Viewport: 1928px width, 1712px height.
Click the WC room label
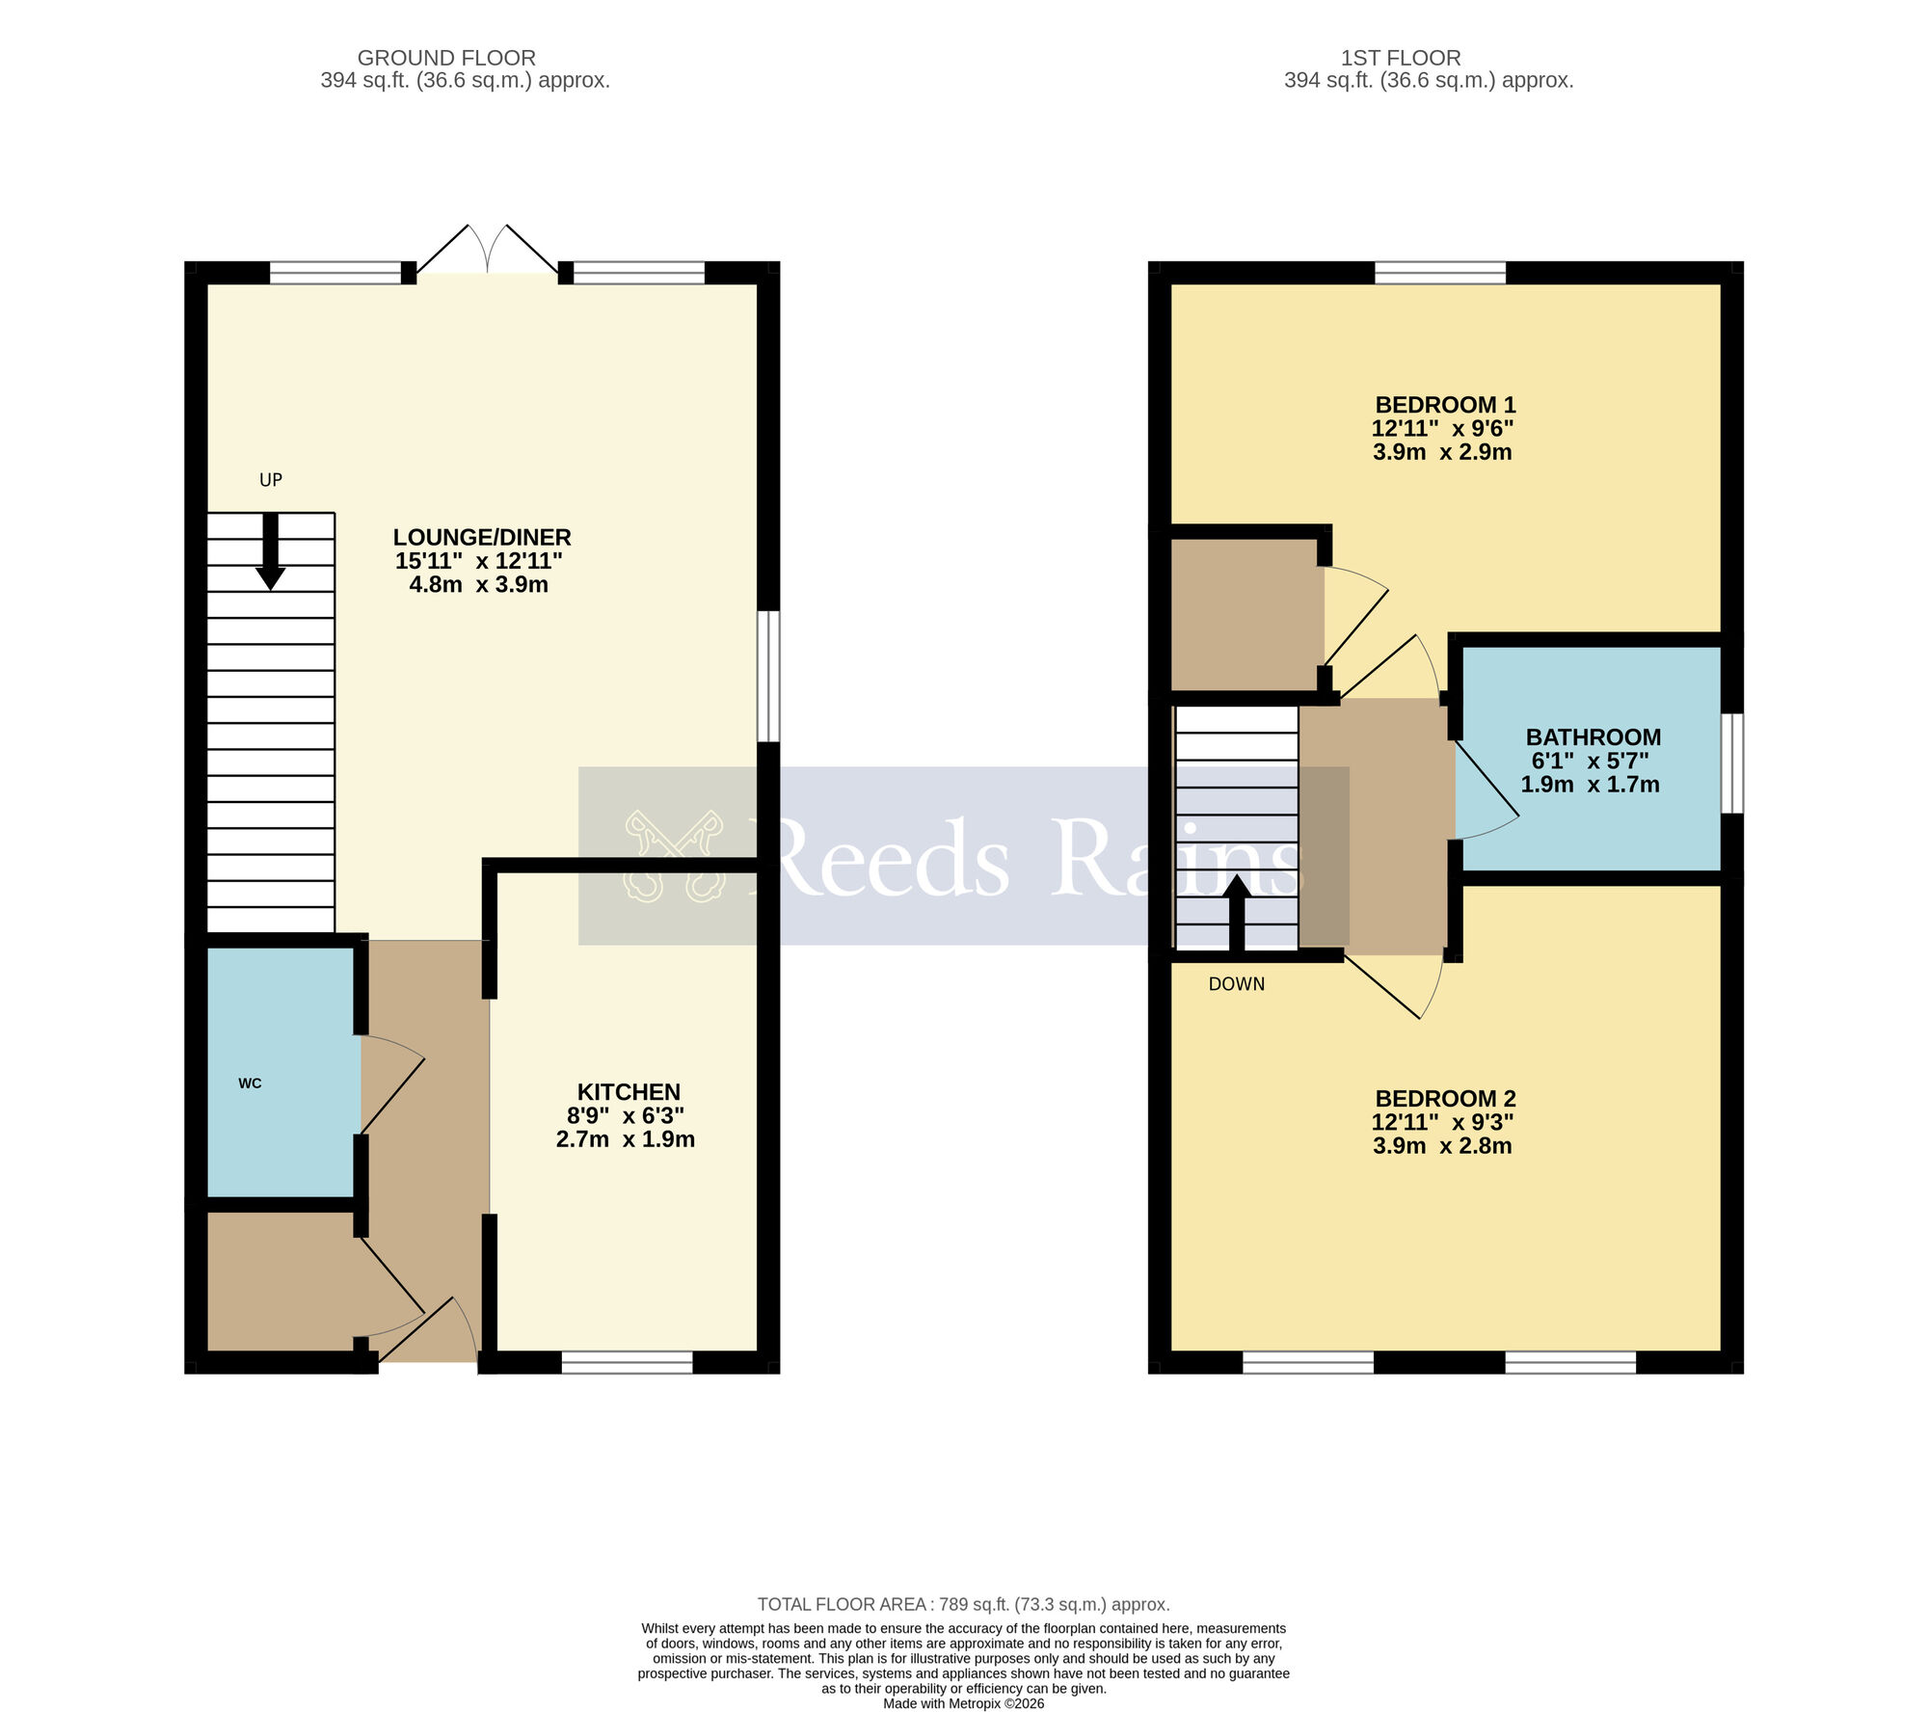(250, 1083)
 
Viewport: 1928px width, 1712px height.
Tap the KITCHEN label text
(629, 1092)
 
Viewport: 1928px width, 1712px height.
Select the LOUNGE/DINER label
(482, 537)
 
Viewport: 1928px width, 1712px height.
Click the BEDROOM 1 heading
(1445, 405)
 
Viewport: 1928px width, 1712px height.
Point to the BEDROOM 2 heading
(1445, 1099)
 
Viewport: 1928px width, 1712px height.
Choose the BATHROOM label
(1593, 737)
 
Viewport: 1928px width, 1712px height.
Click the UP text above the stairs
(271, 480)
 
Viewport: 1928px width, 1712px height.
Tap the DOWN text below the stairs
(1237, 984)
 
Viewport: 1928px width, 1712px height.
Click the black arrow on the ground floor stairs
(271, 552)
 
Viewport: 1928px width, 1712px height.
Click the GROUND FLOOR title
(446, 58)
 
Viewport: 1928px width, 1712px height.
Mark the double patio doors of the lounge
(488, 253)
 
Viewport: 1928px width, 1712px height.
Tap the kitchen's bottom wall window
(627, 1362)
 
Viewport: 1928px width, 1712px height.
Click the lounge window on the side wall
(767, 676)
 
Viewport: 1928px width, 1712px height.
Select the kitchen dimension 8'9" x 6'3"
(626, 1116)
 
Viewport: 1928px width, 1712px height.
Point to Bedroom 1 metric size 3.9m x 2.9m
(1442, 452)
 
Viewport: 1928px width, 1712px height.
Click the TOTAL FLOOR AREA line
(963, 1604)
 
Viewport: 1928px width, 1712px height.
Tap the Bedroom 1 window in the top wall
(1439, 273)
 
